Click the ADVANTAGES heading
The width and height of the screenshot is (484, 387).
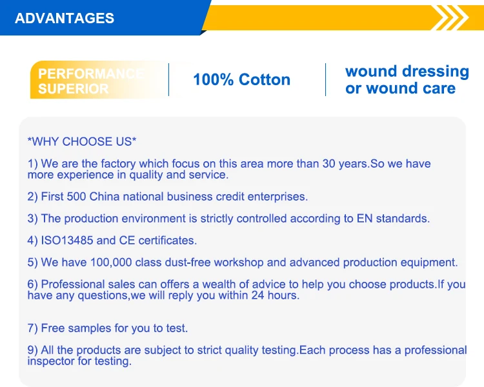point(65,18)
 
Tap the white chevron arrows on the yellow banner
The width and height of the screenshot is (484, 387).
point(451,18)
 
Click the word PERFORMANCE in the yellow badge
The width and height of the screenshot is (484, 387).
point(91,74)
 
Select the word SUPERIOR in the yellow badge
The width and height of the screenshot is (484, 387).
point(73,89)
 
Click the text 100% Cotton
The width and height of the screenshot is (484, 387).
point(242,79)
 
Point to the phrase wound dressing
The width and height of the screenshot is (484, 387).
point(407,72)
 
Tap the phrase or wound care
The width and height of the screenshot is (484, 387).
point(400,88)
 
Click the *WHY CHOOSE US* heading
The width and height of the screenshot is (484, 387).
point(82,142)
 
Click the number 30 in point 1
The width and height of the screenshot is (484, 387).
point(329,164)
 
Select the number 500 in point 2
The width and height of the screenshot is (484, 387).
point(76,197)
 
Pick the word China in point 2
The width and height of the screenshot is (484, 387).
point(105,197)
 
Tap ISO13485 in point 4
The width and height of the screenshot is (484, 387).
point(67,241)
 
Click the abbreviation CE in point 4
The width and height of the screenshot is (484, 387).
point(127,241)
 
